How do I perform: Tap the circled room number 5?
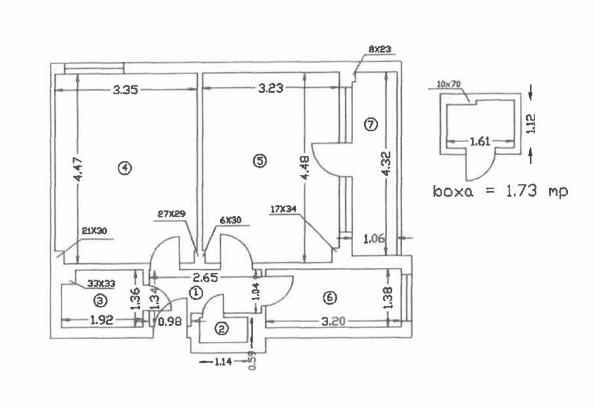pyautogui.click(x=260, y=160)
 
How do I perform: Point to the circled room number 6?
pyautogui.click(x=329, y=297)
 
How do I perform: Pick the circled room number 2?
pyautogui.click(x=221, y=329)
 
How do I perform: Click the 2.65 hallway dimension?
pyautogui.click(x=205, y=278)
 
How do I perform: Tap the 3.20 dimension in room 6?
pyautogui.click(x=333, y=321)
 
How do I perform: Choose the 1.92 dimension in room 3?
pyautogui.click(x=102, y=321)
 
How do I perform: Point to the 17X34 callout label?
pyautogui.click(x=283, y=210)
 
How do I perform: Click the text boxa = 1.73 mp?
pyautogui.click(x=500, y=192)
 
